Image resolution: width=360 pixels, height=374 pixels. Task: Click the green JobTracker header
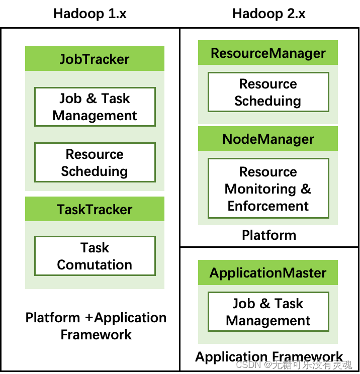pos(95,59)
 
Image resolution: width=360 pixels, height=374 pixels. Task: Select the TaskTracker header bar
pos(95,209)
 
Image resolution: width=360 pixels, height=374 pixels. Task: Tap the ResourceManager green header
pos(268,53)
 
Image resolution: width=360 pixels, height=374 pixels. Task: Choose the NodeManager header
pos(268,139)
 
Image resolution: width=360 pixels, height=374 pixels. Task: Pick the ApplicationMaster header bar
pos(268,273)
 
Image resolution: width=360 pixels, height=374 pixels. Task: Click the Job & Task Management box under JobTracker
pos(95,107)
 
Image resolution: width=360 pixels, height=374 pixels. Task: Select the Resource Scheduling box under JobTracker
pos(95,162)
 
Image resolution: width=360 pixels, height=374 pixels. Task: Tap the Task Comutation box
pos(95,256)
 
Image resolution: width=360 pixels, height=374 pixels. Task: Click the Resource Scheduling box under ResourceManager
pos(268,92)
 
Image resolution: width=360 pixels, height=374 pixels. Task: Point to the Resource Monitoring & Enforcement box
pos(268,189)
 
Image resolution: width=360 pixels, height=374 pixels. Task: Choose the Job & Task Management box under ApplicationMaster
pos(268,312)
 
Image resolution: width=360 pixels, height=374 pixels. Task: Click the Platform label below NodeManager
pos(269,235)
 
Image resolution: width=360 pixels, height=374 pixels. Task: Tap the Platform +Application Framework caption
pos(96,326)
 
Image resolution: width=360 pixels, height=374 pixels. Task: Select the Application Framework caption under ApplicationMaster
pos(269,356)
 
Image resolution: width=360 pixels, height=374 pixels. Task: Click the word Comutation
pos(95,265)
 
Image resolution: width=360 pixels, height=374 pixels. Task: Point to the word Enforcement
pos(268,206)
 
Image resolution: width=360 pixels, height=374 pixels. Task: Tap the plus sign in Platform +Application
pos(88,318)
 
